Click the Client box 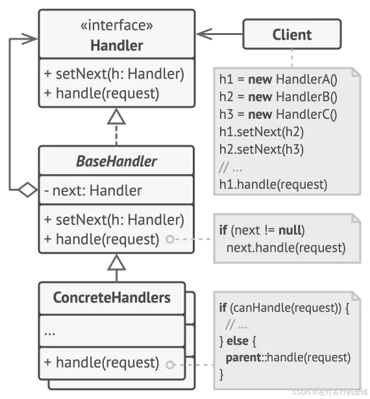click(292, 34)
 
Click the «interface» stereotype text click(117, 25)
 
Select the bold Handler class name click(117, 45)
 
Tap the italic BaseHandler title click(116, 161)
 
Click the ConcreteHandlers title click(112, 298)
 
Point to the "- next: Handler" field click(93, 190)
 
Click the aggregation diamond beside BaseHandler click(27, 189)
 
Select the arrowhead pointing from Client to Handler click(204, 34)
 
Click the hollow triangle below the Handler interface click(116, 117)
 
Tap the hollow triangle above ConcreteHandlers click(116, 262)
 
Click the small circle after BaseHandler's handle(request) click(170, 239)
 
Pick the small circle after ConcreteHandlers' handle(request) click(170, 365)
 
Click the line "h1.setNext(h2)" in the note click(261, 132)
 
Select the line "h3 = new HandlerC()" click(278, 114)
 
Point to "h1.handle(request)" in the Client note click(273, 184)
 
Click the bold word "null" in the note click(290, 230)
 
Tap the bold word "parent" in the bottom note click(243, 357)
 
